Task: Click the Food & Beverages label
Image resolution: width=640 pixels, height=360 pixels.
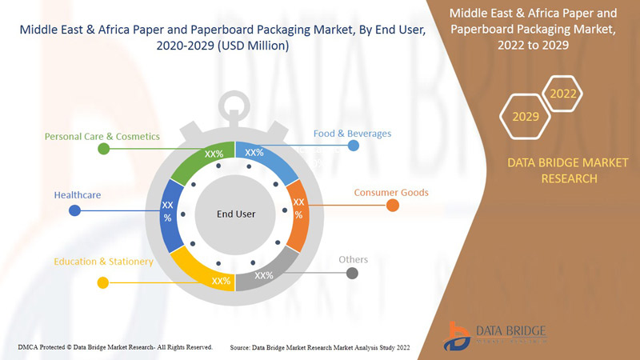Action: tap(352, 134)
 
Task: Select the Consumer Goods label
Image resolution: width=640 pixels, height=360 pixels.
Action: tap(390, 193)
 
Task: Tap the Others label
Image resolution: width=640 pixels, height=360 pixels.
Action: tap(353, 260)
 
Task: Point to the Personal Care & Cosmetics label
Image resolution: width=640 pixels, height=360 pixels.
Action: tap(102, 137)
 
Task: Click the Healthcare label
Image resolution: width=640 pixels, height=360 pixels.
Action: tap(78, 195)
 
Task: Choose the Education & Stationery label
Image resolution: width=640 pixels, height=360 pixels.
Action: tap(102, 262)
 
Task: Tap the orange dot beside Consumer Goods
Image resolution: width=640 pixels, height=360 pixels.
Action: tap(393, 206)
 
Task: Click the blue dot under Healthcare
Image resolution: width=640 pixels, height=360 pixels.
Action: tap(74, 210)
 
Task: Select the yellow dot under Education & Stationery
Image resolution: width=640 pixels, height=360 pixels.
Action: tap(102, 282)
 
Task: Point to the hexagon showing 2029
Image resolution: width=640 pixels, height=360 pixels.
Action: tap(526, 118)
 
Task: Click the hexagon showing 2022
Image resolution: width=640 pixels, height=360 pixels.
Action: tap(562, 94)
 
